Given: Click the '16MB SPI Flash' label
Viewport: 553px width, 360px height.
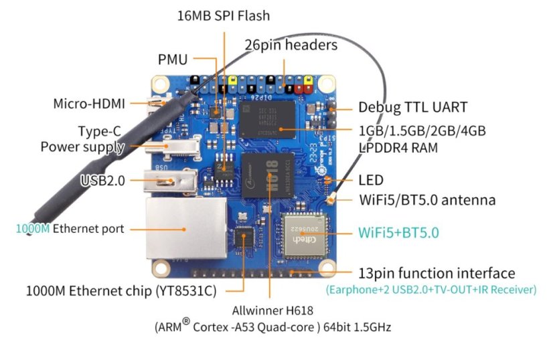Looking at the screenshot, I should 224,15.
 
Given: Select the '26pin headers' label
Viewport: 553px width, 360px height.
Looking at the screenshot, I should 291,46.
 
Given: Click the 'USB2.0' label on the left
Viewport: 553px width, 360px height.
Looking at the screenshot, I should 102,179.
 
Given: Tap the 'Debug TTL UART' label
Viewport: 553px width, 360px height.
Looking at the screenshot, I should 412,107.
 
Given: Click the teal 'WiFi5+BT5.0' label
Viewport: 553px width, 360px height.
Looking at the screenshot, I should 398,233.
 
